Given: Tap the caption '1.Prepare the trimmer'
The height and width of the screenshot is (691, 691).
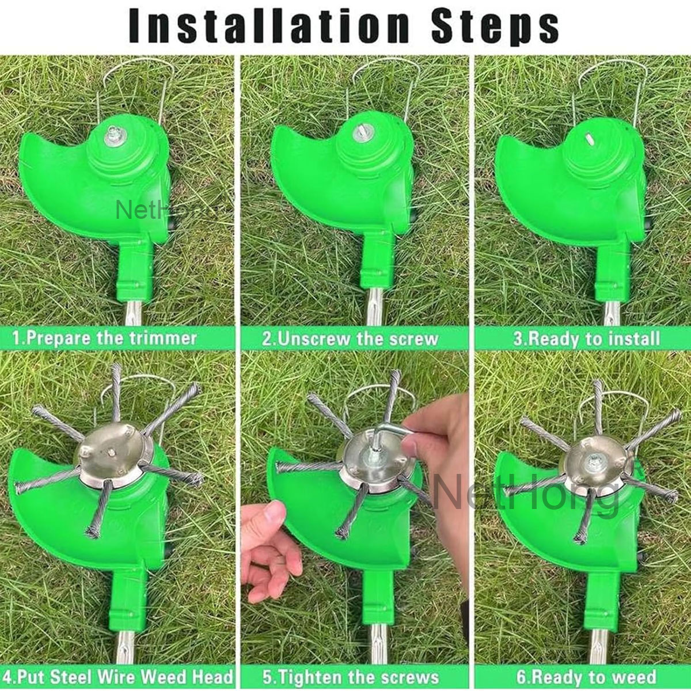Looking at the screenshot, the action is (105, 338).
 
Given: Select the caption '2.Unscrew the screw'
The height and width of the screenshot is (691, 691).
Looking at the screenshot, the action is (350, 338).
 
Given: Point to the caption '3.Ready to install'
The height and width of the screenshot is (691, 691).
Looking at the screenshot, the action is (586, 338).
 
